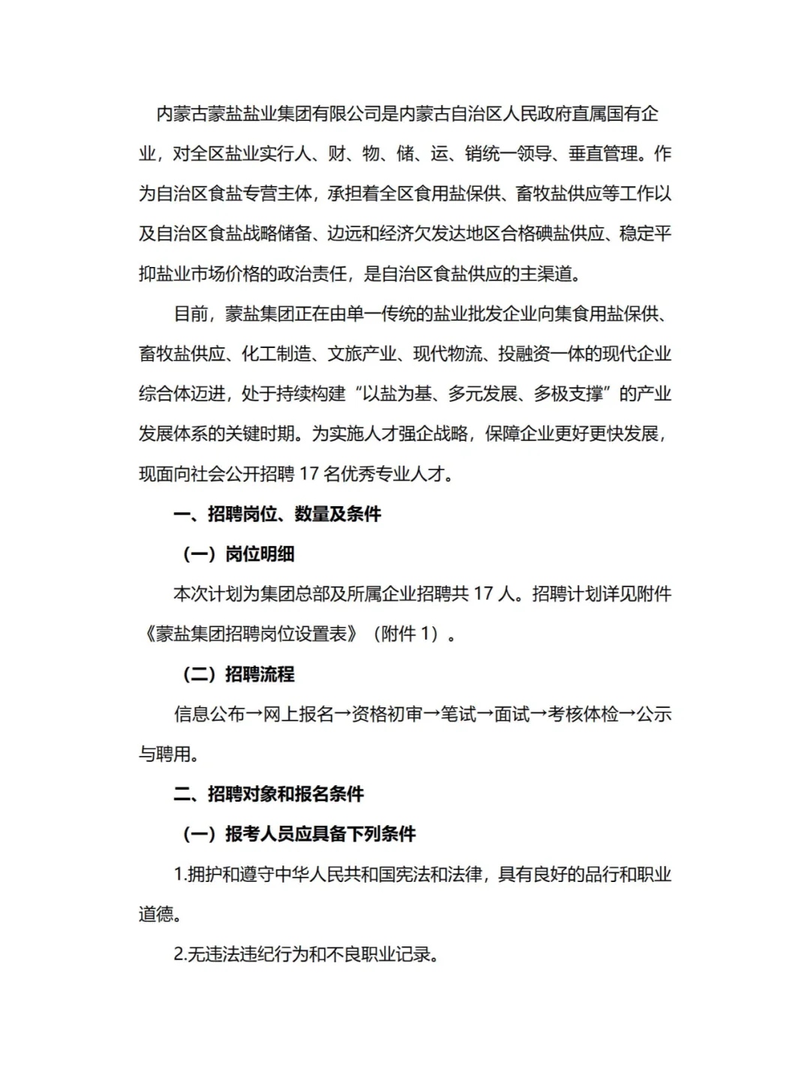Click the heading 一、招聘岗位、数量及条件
277,514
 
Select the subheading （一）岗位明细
238,554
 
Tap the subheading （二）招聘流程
238,674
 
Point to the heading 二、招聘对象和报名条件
268,794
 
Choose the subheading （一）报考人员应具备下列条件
299,834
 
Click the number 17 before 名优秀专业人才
309,474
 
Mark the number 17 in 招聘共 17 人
483,594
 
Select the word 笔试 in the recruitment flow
458,714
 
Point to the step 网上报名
298,714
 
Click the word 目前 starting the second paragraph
190,313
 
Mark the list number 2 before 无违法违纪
178,955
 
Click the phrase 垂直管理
603,154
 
